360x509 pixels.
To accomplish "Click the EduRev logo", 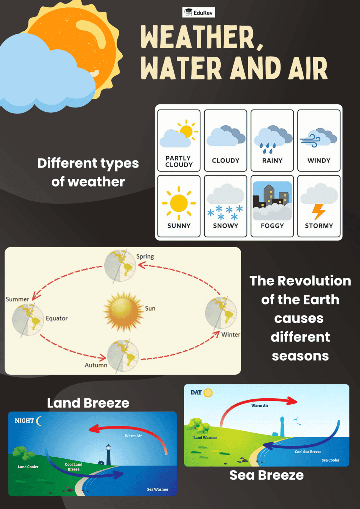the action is (199, 13).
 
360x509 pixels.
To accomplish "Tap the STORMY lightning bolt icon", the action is (319, 212).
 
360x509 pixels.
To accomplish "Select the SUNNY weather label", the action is (179, 226).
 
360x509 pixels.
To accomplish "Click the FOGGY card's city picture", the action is (272, 201).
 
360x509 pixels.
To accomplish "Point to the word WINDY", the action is (319, 161).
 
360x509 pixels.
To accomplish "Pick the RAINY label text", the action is (272, 161).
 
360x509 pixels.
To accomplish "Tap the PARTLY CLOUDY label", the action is (179, 161).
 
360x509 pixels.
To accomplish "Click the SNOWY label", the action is (226, 226).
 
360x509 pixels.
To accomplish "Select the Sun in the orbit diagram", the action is (124, 312).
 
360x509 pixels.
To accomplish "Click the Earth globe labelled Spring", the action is (120, 266).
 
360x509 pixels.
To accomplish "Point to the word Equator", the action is (57, 318).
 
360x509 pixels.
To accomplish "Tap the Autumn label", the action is (96, 365).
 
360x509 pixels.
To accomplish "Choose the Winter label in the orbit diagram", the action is (231, 334).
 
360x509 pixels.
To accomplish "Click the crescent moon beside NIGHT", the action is (39, 421).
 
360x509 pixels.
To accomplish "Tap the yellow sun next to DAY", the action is (208, 393).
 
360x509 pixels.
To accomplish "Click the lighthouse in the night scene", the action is (108, 455).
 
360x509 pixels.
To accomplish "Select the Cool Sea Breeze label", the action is (308, 452).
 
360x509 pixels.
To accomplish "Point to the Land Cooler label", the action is (28, 467).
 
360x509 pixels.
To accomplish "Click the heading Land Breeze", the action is (88, 403).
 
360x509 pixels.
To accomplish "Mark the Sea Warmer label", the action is (157, 489).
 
